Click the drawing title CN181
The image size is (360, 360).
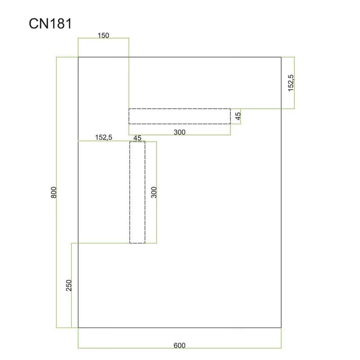click(50, 24)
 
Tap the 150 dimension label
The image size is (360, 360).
click(103, 36)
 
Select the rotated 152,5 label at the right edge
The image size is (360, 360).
click(291, 83)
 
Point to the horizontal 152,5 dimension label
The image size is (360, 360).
click(103, 137)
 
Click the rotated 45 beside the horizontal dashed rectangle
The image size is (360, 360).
click(238, 116)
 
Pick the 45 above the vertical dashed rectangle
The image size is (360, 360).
click(137, 138)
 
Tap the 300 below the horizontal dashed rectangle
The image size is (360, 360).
click(180, 132)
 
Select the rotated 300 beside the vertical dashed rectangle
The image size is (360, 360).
click(154, 192)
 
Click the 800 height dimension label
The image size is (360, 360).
click(54, 193)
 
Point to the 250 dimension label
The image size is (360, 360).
click(69, 285)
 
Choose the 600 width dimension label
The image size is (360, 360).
click(180, 346)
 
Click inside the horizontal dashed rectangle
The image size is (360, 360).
click(180, 117)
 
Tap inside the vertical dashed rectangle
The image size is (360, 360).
click(137, 192)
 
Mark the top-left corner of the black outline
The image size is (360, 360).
click(78, 57)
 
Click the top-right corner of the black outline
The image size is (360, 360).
click(281, 57)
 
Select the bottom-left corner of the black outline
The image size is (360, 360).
click(78, 328)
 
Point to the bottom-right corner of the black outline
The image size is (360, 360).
click(281, 328)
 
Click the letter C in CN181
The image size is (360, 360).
click(33, 24)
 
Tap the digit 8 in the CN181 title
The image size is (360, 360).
click(60, 24)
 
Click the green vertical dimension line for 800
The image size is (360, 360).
click(57, 193)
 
